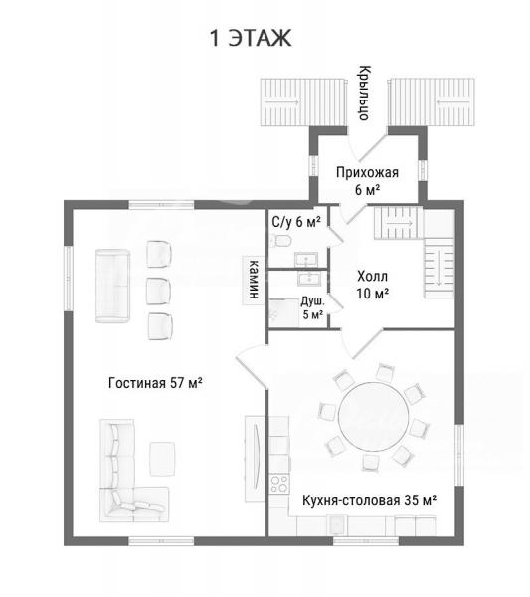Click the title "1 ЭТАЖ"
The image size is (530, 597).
click(251, 38)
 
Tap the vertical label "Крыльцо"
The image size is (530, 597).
click(365, 93)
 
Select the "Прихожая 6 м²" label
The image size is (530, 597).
click(367, 181)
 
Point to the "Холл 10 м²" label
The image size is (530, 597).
click(373, 285)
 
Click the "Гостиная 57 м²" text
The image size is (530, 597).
click(155, 383)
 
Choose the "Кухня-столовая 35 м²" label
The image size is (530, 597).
click(369, 500)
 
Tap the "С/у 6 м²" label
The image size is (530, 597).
click(296, 221)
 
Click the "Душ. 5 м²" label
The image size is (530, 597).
click(313, 308)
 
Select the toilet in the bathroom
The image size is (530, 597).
click(281, 241)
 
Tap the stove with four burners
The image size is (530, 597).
click(279, 484)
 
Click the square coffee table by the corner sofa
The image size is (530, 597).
click(162, 459)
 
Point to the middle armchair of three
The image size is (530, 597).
click(159, 291)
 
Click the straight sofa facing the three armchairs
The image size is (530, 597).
click(112, 286)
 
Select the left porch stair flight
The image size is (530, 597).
click(303, 102)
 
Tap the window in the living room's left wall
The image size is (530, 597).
click(69, 279)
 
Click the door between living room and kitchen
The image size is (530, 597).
click(252, 365)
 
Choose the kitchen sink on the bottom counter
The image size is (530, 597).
click(337, 525)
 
